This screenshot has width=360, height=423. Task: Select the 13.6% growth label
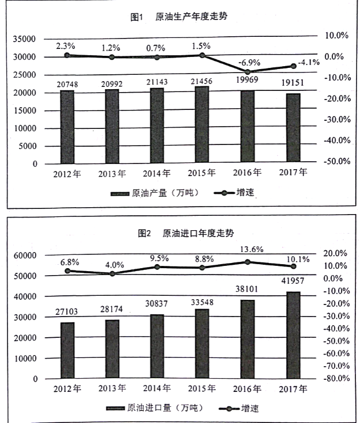point(248,249)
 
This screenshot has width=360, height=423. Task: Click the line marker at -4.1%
point(293,66)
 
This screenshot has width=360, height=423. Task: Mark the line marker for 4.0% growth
point(112,273)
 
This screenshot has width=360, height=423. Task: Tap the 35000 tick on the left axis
point(25,39)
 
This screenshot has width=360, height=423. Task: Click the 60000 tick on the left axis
point(25,255)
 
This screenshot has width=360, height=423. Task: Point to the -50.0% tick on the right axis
point(336,161)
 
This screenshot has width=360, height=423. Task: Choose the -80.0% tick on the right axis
point(335,378)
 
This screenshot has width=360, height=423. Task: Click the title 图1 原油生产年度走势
point(179,17)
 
